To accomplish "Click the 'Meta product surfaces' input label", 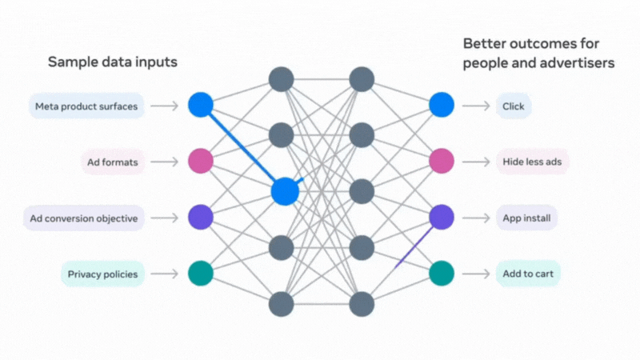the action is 86,106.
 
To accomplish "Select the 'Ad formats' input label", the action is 113,162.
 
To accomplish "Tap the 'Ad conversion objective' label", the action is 84,218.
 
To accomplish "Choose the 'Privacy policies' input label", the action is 103,274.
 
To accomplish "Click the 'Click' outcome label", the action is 514,106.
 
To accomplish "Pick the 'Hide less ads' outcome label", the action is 532,162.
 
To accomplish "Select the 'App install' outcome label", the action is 526,218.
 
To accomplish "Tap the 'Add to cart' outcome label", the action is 528,274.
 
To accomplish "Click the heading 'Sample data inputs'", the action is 113,62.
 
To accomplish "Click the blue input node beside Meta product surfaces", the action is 201,105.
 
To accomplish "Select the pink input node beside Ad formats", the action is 201,161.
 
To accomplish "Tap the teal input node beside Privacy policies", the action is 201,273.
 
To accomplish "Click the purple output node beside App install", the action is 442,217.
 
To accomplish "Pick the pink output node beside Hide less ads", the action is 442,161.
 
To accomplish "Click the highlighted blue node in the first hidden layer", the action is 285,191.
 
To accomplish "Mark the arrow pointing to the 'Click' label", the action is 476,106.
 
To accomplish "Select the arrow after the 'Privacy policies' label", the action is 165,274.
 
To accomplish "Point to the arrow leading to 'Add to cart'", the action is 476,274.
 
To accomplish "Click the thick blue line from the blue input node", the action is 242,148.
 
